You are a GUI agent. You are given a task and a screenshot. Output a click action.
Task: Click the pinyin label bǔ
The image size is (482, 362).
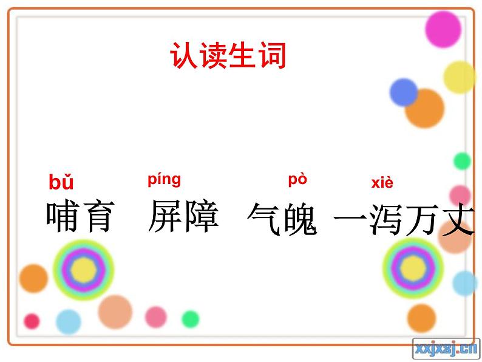[61, 182]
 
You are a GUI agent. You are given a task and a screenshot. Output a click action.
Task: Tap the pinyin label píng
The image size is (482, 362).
[164, 180]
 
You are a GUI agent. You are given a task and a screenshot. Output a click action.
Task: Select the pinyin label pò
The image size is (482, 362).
[297, 180]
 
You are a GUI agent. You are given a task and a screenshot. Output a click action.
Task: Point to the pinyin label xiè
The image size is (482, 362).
[382, 183]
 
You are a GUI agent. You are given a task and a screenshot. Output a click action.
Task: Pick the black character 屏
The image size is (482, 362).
[165, 216]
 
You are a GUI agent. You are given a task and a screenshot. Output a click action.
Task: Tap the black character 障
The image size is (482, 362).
[201, 216]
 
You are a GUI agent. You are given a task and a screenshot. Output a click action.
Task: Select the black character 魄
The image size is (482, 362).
[300, 219]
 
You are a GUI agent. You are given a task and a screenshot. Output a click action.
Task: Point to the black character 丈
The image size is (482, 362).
[457, 219]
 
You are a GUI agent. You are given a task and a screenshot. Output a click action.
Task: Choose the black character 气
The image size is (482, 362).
[265, 219]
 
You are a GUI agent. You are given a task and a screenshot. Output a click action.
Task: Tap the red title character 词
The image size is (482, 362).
[273, 55]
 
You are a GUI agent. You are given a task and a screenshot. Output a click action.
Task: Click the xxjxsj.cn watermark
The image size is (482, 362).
[446, 349]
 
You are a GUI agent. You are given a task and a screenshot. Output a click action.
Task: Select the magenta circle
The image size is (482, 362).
[443, 29]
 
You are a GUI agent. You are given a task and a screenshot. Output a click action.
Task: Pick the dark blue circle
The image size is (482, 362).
[403, 92]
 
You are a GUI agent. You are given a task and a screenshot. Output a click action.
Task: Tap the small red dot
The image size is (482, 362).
[32, 321]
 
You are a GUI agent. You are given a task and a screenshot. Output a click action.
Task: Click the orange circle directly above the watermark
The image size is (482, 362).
[421, 318]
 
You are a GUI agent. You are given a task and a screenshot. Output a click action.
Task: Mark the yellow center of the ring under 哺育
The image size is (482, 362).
[83, 270]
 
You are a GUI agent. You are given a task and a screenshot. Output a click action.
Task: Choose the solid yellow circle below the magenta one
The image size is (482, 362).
[460, 77]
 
